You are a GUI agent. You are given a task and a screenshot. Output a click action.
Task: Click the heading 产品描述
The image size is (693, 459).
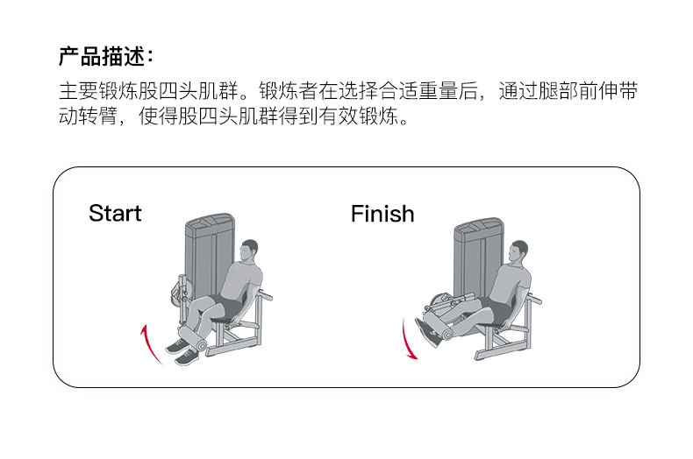click(105, 57)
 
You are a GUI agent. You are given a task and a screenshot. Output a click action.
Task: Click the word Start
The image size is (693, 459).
click(115, 213)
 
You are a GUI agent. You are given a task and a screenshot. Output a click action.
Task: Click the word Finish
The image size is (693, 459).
click(382, 214)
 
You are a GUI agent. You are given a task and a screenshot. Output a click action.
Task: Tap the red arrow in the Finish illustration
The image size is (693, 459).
click(407, 340)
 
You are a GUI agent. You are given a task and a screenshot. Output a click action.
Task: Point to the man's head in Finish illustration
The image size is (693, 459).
click(519, 254)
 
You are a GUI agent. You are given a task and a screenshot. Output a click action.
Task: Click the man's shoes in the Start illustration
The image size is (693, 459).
click(182, 352)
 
